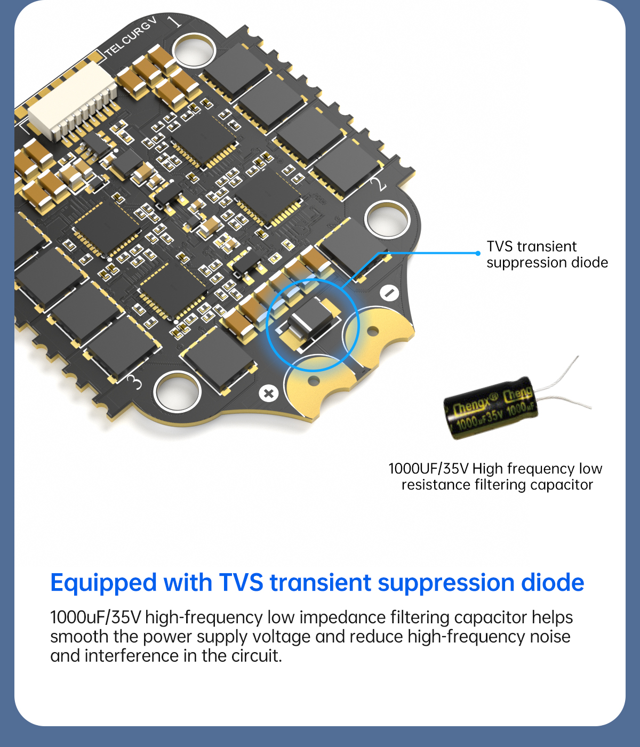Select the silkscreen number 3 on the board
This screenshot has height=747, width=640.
tap(135, 382)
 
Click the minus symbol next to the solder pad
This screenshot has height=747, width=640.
tap(389, 293)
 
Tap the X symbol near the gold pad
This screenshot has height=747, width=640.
tap(269, 393)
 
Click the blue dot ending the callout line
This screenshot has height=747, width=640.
tap(478, 253)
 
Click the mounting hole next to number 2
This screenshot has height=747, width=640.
tap(387, 219)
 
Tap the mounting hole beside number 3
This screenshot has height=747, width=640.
tap(177, 392)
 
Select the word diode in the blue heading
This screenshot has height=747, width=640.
tap(553, 583)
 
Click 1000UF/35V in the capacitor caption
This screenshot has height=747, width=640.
tap(428, 469)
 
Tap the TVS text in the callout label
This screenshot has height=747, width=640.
tap(500, 246)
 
